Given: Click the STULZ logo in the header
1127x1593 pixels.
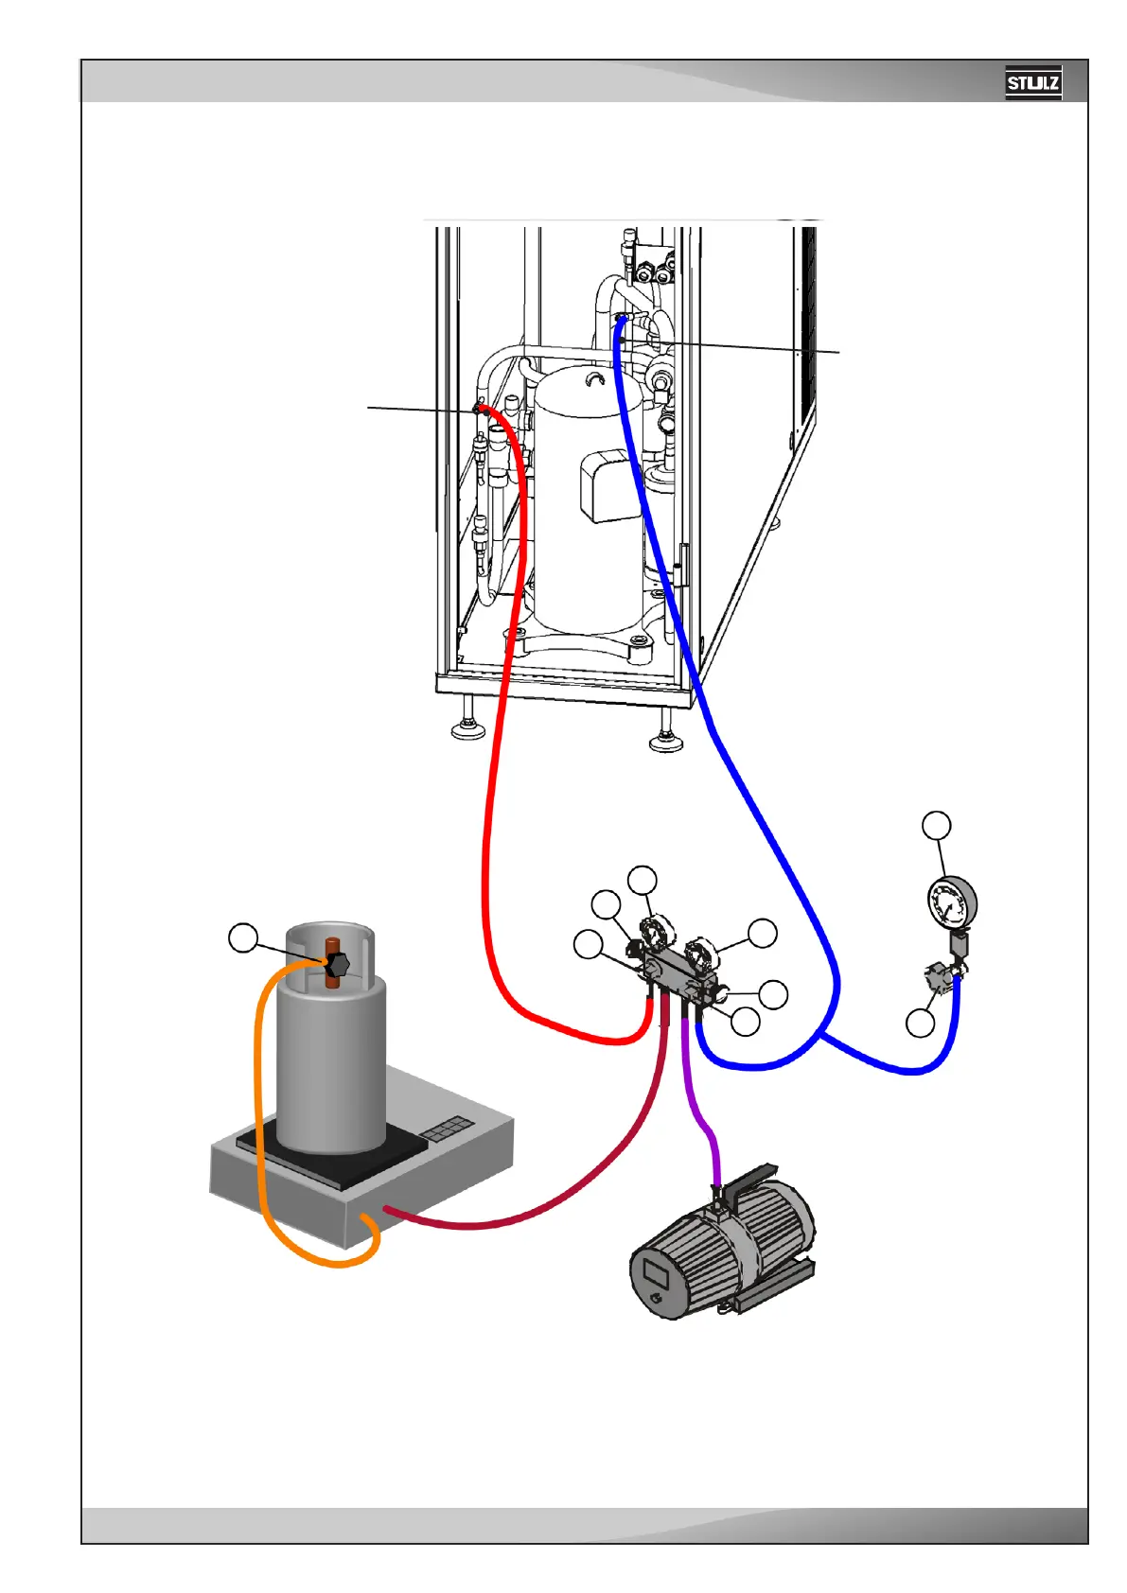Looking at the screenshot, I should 1032,83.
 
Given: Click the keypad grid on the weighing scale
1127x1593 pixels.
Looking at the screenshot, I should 447,1129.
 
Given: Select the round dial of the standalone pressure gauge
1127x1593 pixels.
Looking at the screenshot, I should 951,902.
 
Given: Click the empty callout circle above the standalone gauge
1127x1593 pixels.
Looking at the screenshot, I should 937,825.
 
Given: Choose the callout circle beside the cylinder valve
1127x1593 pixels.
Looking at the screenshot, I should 243,938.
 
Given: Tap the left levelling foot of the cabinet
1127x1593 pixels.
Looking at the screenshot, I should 468,727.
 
